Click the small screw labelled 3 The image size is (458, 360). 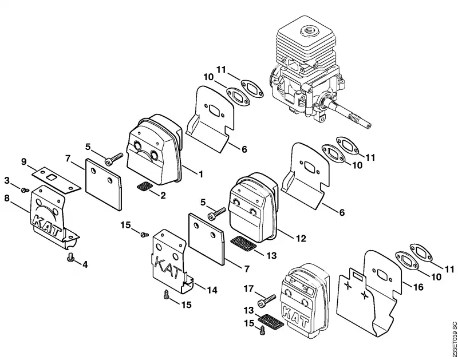click(x=25, y=191)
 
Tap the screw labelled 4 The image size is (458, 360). click(x=70, y=258)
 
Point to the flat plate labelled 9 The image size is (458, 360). click(x=56, y=180)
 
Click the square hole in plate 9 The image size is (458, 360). click(x=53, y=177)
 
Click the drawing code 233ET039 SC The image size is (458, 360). click(x=453, y=341)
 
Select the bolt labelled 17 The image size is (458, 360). click(x=266, y=300)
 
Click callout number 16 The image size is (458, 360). click(x=418, y=287)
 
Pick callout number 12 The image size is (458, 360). click(x=301, y=238)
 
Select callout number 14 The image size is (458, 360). click(x=212, y=290)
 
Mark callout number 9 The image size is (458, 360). click(x=24, y=161)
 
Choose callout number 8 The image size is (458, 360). click(x=7, y=199)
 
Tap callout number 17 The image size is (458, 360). click(x=249, y=289)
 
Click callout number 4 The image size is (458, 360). click(x=85, y=264)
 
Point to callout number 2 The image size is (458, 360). click(x=163, y=195)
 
